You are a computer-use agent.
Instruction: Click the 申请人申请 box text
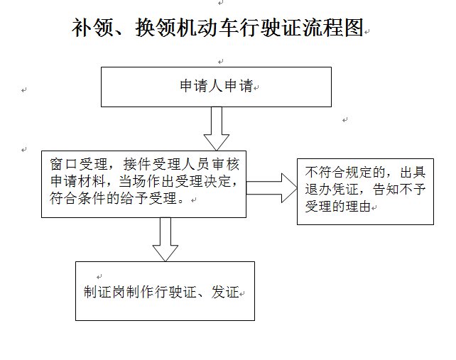[x=215, y=87]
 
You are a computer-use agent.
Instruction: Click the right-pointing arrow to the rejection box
[x=272, y=187]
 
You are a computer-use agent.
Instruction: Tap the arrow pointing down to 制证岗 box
[x=165, y=239]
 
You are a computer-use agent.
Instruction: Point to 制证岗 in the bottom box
[x=104, y=293]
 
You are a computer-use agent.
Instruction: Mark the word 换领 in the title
[x=148, y=28]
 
